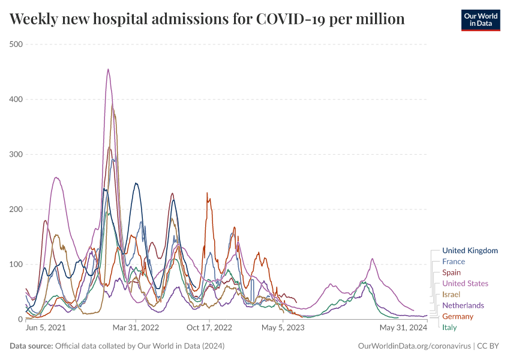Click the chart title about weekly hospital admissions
207,19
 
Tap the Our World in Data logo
480,20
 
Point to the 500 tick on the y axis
16,44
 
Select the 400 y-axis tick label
16,100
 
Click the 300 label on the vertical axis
16,154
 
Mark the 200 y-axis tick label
16,209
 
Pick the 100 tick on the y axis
16,265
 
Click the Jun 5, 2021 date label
46,328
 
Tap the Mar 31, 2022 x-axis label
136,328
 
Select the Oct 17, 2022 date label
209,328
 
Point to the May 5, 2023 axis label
283,328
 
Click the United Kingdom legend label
470,251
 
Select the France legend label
454,262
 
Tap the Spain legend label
452,272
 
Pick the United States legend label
465,283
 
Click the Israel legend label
451,295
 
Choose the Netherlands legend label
463,305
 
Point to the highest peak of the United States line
108,69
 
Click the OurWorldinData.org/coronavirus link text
413,346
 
